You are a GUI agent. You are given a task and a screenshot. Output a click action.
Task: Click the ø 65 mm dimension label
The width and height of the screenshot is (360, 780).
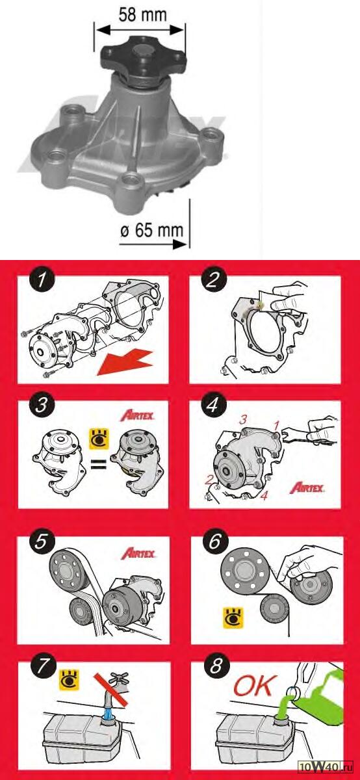(152, 230)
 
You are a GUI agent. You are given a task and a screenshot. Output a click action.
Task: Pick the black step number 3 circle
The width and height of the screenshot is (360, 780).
(42, 406)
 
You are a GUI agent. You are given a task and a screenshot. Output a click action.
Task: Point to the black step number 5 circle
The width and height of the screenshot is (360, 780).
(41, 541)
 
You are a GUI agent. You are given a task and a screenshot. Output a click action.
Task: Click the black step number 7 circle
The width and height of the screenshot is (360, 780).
(43, 667)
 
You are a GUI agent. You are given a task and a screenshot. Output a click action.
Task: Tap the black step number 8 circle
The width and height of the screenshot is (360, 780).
(215, 666)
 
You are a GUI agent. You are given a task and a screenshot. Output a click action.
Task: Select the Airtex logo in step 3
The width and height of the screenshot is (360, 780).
(137, 415)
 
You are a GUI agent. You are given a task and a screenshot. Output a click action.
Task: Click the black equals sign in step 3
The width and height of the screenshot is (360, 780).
(98, 464)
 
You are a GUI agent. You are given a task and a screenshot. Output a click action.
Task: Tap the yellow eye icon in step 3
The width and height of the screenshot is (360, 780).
(99, 439)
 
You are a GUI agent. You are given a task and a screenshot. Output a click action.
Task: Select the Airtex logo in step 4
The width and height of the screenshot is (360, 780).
(307, 487)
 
